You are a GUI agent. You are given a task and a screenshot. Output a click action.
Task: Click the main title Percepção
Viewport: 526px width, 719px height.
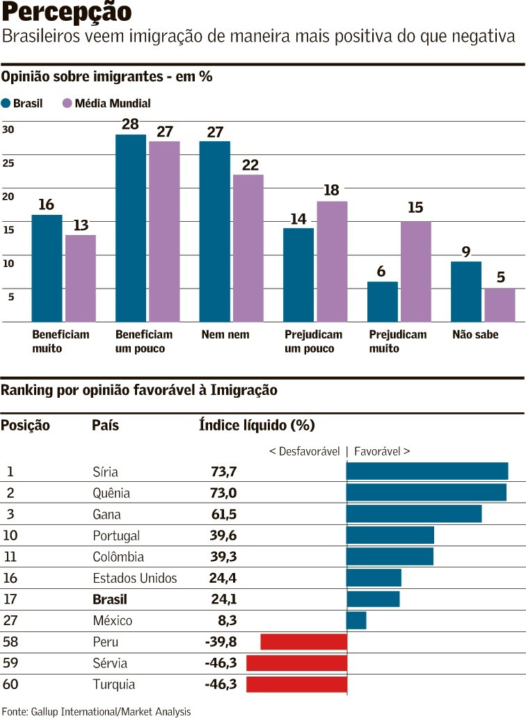pos(67,13)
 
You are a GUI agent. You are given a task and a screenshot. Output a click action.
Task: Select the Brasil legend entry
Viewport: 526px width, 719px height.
pos(22,104)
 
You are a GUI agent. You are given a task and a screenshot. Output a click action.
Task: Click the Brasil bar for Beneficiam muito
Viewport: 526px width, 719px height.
pos(47,268)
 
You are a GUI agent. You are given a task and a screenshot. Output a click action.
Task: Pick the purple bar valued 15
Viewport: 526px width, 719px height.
pos(415,271)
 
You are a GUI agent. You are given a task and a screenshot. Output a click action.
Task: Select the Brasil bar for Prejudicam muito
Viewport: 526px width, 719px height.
pos(382,302)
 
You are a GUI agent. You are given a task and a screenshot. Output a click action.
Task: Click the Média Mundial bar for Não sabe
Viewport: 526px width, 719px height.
pos(500,305)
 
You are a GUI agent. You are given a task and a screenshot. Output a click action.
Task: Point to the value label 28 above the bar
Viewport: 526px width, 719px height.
pos(130,124)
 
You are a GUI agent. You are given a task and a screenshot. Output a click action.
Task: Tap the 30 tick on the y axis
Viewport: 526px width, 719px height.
pos(8,129)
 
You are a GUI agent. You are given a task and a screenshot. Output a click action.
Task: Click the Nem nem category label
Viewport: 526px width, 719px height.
pos(225,334)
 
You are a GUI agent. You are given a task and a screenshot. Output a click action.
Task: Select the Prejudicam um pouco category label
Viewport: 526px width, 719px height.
pos(313,341)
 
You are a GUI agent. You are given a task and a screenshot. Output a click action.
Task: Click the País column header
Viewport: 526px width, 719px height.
pos(105,426)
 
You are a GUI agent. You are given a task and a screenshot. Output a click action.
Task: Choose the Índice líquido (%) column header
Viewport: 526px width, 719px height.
pos(257,426)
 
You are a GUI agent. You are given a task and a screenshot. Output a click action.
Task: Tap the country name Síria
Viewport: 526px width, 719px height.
pos(105,471)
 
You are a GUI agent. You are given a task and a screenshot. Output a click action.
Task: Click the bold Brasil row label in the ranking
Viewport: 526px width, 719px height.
pos(110,599)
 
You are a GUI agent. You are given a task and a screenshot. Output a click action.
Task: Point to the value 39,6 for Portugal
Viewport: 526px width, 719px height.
pos(223,535)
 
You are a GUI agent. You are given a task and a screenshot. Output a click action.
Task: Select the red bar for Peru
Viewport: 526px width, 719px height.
pos(303,641)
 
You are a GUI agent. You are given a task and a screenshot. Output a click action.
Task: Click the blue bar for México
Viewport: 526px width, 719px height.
pos(356,620)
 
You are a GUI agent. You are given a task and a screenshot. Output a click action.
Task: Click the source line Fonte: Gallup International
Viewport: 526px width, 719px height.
pos(96,711)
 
